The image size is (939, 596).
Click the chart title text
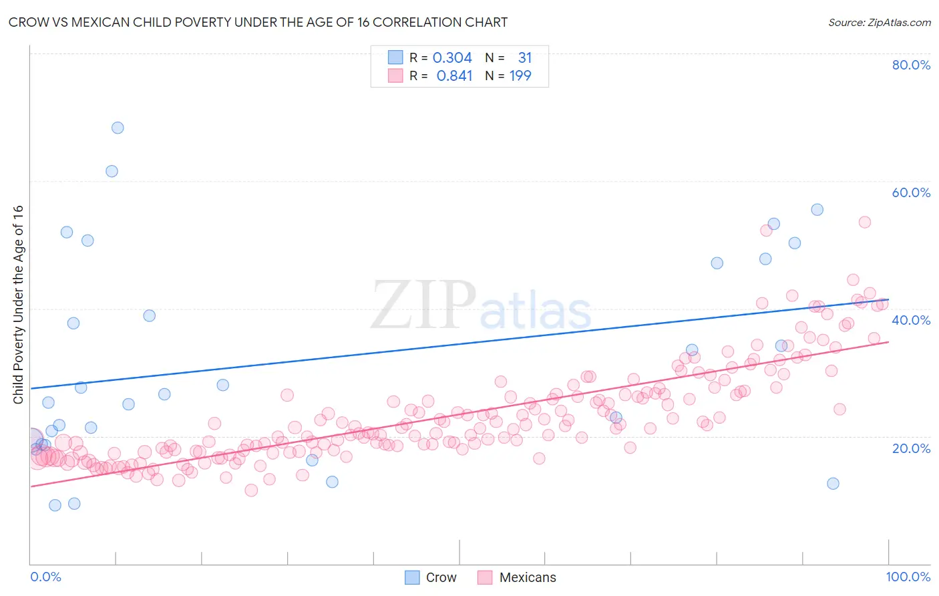258,22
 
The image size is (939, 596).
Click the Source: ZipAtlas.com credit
879,22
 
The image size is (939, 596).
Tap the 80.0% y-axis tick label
911,65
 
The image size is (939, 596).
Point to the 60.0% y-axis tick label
911,192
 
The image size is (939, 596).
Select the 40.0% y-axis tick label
911,320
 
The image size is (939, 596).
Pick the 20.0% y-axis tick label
911,448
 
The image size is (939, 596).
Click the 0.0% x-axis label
45,577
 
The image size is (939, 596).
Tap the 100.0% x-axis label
908,577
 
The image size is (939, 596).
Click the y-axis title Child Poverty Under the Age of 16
18,304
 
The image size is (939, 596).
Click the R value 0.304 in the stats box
452,58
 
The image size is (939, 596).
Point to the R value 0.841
454,76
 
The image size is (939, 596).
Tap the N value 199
520,76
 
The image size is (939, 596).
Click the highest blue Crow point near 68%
118,128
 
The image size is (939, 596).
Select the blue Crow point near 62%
112,171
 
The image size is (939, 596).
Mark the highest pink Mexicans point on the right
864,222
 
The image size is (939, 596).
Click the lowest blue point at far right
833,483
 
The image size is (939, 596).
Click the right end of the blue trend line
888,300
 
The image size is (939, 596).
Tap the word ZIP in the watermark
423,305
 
